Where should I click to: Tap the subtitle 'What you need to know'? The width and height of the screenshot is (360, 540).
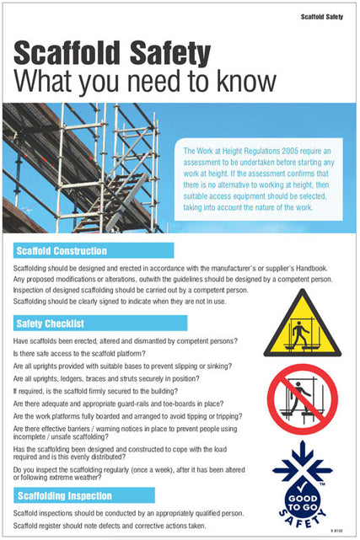point(145,83)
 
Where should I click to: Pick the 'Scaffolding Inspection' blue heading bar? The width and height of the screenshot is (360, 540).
point(84,495)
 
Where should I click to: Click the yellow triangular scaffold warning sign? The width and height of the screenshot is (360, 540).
point(302,325)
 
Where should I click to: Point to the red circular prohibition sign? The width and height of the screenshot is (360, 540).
point(302,398)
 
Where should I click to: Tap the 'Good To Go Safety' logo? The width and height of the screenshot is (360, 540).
point(302,486)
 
